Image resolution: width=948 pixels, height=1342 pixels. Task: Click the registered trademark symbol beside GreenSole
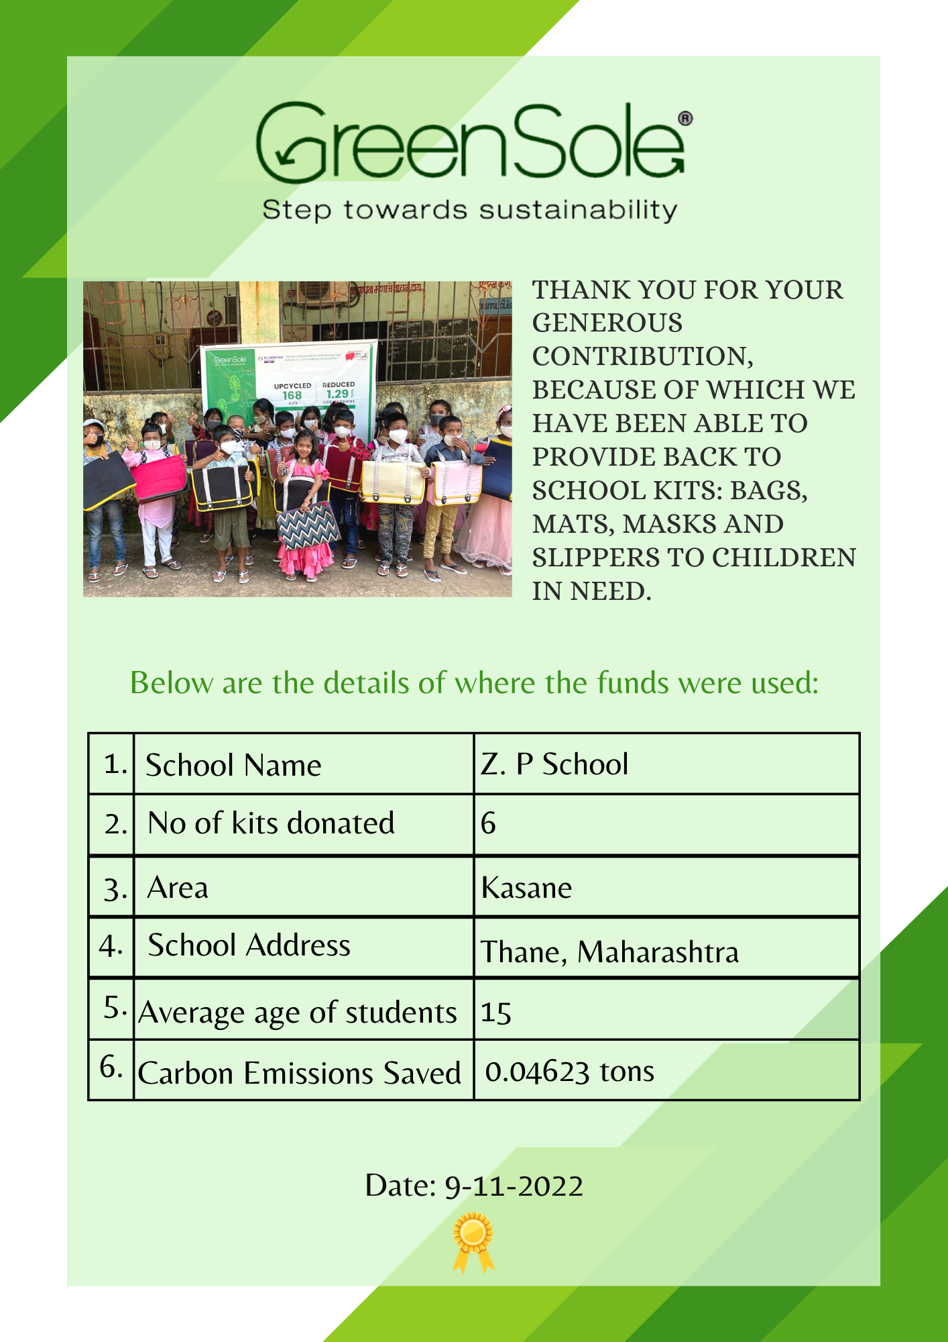[x=685, y=119]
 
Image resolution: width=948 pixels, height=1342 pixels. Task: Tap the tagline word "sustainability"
[x=578, y=210]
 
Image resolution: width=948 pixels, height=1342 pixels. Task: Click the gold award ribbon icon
[x=473, y=1241]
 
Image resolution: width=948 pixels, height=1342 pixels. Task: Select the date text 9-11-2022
[x=514, y=1186]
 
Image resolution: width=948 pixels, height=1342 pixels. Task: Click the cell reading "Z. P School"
[x=554, y=764]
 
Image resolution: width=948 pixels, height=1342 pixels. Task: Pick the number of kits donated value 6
[x=488, y=823]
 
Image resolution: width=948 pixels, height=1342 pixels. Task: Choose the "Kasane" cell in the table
[x=526, y=888]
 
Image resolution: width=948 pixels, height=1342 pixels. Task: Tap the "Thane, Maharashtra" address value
[x=609, y=952]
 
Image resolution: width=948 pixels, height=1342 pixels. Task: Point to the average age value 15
[x=496, y=1013]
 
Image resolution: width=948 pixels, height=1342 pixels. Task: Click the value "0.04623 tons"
[x=569, y=1072]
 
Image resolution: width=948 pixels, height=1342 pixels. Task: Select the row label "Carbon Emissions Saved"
[x=299, y=1073]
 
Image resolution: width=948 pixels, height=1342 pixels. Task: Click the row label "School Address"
[x=249, y=945]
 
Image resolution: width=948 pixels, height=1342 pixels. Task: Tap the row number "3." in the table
[x=115, y=889]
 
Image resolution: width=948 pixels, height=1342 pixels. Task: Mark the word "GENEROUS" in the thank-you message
[x=607, y=323]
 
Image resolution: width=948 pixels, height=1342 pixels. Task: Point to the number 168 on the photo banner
[x=292, y=395]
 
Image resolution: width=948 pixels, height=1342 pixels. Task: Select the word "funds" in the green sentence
[x=633, y=683]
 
